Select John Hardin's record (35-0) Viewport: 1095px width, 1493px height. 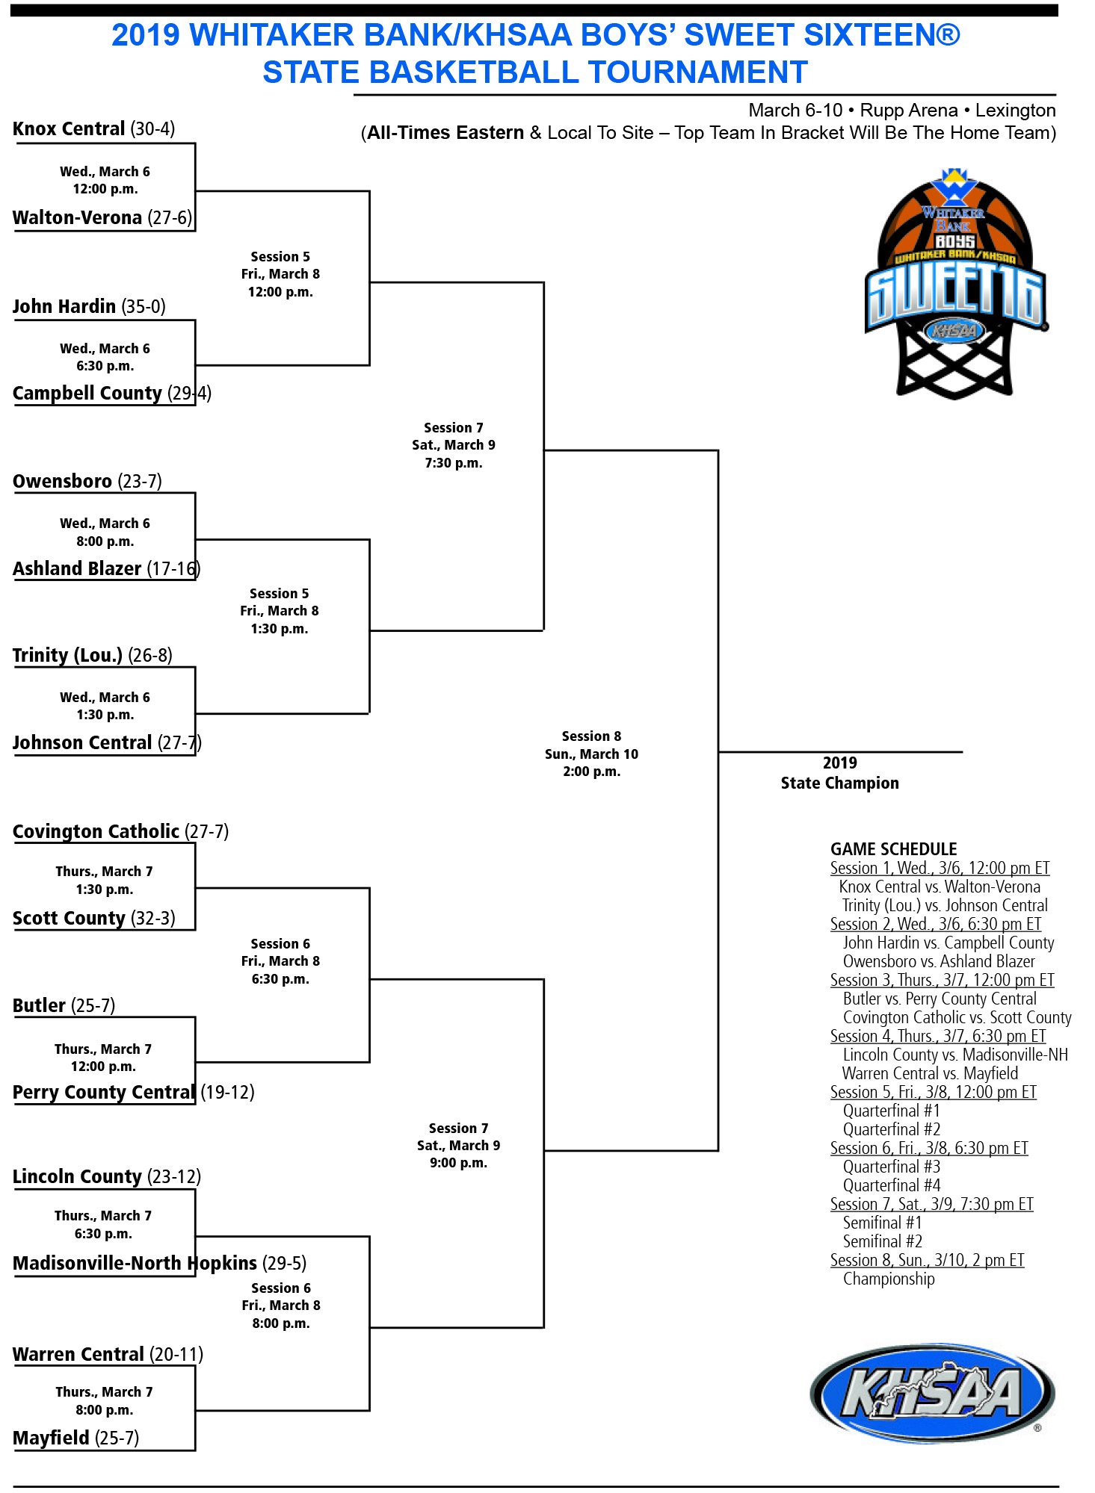point(144,307)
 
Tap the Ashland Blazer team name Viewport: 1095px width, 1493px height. point(77,569)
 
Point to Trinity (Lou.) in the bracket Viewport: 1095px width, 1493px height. point(67,656)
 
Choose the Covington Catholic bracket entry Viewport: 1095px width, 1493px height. point(96,832)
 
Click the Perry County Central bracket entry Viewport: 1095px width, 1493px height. point(104,1093)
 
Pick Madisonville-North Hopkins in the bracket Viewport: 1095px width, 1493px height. point(135,1264)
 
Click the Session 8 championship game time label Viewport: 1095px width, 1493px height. point(591,754)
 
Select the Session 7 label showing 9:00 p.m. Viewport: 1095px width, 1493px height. point(458,1146)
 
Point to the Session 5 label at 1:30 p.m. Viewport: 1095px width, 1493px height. point(279,611)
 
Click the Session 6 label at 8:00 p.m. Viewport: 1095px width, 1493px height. point(280,1306)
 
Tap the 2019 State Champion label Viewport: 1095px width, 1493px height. point(839,773)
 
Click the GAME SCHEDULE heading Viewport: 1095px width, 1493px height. point(893,849)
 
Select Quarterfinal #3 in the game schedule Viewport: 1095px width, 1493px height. point(891,1167)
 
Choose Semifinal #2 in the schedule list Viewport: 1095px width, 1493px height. point(882,1241)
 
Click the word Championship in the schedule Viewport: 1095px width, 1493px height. point(888,1279)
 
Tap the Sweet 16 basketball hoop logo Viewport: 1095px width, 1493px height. point(954,284)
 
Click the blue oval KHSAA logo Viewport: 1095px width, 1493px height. point(931,1394)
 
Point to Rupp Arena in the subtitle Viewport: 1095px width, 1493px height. point(908,111)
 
